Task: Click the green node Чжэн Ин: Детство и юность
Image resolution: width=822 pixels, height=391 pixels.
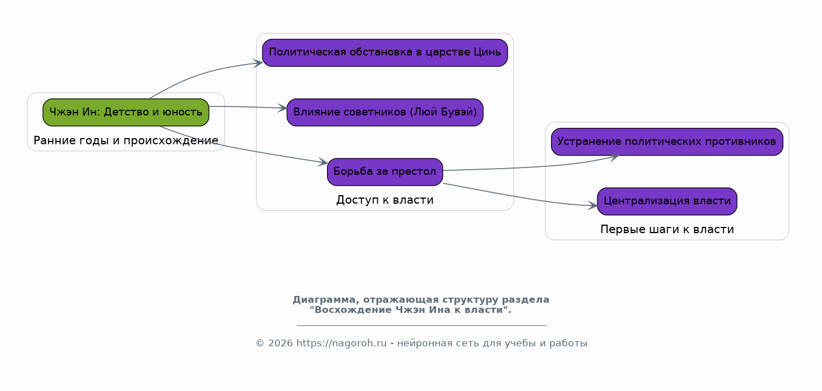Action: point(126,113)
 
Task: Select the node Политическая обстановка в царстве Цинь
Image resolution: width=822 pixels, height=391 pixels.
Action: point(385,53)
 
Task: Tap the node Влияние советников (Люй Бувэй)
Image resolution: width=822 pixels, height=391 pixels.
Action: point(385,113)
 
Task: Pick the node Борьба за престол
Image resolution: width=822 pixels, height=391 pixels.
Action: point(385,172)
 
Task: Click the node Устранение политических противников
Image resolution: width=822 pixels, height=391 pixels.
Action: point(667,141)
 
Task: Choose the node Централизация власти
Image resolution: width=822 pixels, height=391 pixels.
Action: point(667,201)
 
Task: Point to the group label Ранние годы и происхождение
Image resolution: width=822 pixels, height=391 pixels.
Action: point(126,141)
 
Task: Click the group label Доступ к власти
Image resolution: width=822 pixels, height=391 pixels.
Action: point(385,200)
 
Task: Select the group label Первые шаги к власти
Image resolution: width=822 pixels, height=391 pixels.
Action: point(667,230)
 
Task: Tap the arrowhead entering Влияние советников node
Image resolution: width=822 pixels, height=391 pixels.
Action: point(282,108)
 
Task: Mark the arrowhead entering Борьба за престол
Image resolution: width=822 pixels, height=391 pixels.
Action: point(323,162)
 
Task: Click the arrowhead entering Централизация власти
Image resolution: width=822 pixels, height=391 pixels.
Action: point(593,205)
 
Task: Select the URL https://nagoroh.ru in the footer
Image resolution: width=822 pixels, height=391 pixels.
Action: point(341,343)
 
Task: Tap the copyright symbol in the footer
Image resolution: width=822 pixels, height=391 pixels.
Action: point(260,343)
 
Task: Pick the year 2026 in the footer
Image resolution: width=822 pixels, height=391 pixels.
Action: point(281,343)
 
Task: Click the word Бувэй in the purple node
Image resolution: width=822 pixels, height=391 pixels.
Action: point(463,112)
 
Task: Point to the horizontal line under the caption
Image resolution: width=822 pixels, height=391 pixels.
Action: point(421,325)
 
